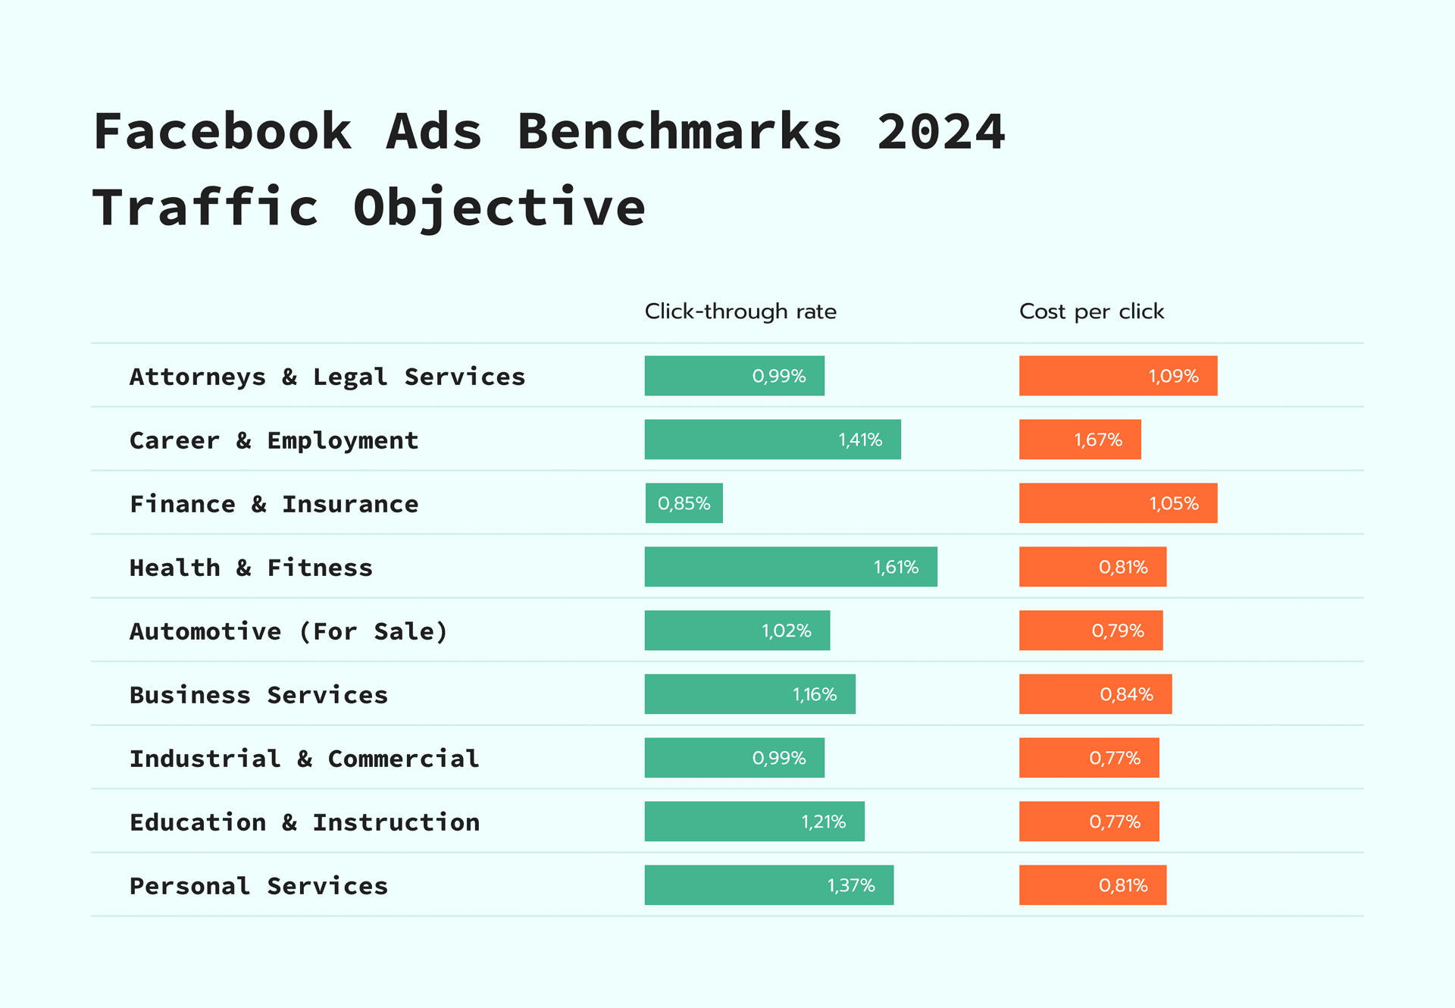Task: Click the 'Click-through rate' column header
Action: click(x=740, y=311)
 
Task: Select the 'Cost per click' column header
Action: click(x=1091, y=311)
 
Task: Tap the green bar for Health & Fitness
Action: click(x=790, y=567)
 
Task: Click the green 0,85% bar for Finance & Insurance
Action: click(x=684, y=503)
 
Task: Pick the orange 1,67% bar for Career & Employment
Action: click(x=1080, y=440)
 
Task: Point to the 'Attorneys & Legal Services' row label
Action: click(x=327, y=377)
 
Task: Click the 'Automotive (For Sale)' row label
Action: click(x=289, y=631)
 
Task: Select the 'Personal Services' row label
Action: click(x=258, y=886)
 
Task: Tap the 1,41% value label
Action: click(x=860, y=440)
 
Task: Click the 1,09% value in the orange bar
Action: click(x=1173, y=377)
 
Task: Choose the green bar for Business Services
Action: click(x=749, y=694)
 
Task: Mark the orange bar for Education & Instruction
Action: click(x=1089, y=822)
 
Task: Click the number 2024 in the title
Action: click(x=940, y=132)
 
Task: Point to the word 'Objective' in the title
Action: click(x=499, y=208)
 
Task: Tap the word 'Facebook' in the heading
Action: click(x=223, y=132)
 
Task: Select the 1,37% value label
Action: click(x=851, y=886)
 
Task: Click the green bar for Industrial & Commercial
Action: click(x=734, y=758)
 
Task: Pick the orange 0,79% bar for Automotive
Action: click(x=1090, y=631)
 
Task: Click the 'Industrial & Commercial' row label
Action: click(x=304, y=759)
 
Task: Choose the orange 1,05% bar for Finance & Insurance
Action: click(x=1118, y=503)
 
